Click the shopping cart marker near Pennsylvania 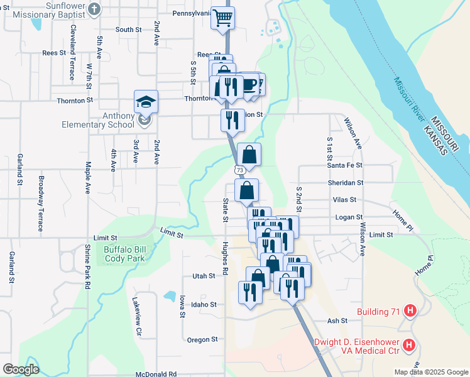point(222,18)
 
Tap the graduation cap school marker point(146,101)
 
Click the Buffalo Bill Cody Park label point(124,253)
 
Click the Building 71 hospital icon point(410,310)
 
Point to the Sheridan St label point(346,182)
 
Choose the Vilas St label point(344,200)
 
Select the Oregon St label point(202,339)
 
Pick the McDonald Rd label point(156,374)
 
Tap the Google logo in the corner point(21,369)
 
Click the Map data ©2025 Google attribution point(430,372)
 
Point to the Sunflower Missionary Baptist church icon point(94,9)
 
